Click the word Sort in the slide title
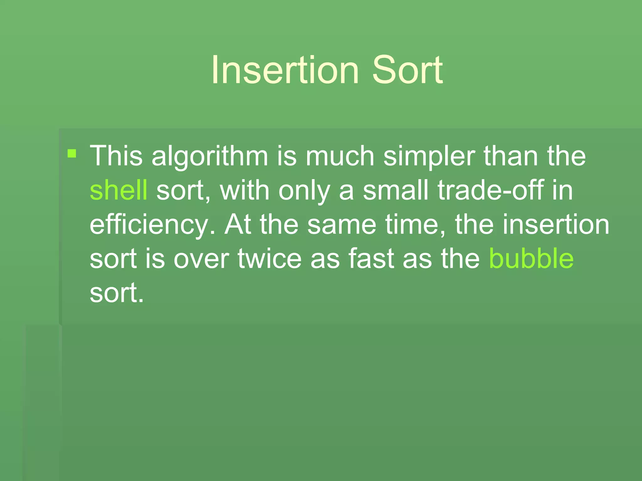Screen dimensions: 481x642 point(407,70)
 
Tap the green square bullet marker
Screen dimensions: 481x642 point(72,153)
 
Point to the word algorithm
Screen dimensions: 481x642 point(210,157)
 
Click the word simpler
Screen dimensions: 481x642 point(429,157)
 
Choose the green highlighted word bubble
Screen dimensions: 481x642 point(531,258)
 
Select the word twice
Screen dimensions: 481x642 point(270,258)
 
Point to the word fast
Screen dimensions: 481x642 point(371,258)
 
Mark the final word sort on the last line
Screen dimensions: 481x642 point(116,293)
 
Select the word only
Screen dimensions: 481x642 point(304,191)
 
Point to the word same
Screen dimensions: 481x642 point(342,225)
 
